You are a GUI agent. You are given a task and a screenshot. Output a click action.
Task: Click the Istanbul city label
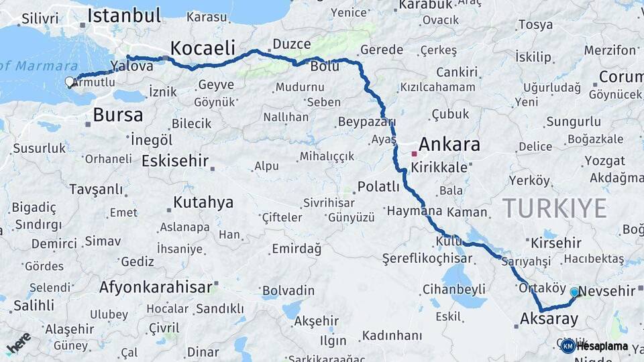click(x=124, y=15)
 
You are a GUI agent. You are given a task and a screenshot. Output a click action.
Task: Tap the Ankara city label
click(x=449, y=144)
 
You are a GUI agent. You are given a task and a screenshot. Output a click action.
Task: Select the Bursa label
click(x=117, y=115)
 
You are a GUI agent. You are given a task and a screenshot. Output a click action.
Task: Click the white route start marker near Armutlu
click(x=70, y=82)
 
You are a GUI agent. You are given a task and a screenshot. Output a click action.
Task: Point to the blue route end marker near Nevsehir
click(x=574, y=292)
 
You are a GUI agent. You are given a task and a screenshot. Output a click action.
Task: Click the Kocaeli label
click(x=203, y=48)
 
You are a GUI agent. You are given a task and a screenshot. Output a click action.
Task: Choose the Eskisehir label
click(x=174, y=161)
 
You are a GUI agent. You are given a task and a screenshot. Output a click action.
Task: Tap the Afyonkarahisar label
click(x=156, y=288)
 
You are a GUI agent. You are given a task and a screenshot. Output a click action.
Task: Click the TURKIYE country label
click(x=555, y=208)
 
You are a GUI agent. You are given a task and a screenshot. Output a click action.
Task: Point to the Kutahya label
click(x=203, y=202)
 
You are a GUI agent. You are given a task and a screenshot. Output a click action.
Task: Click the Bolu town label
click(x=324, y=66)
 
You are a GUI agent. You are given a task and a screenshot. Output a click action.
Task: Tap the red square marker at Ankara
click(x=415, y=154)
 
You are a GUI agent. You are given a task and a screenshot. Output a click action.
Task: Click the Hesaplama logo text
click(x=602, y=346)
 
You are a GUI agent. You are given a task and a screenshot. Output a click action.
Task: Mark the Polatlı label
click(x=378, y=186)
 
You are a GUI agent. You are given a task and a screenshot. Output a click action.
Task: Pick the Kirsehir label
click(x=555, y=243)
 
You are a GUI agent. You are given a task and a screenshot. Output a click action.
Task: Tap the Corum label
click(x=621, y=76)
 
